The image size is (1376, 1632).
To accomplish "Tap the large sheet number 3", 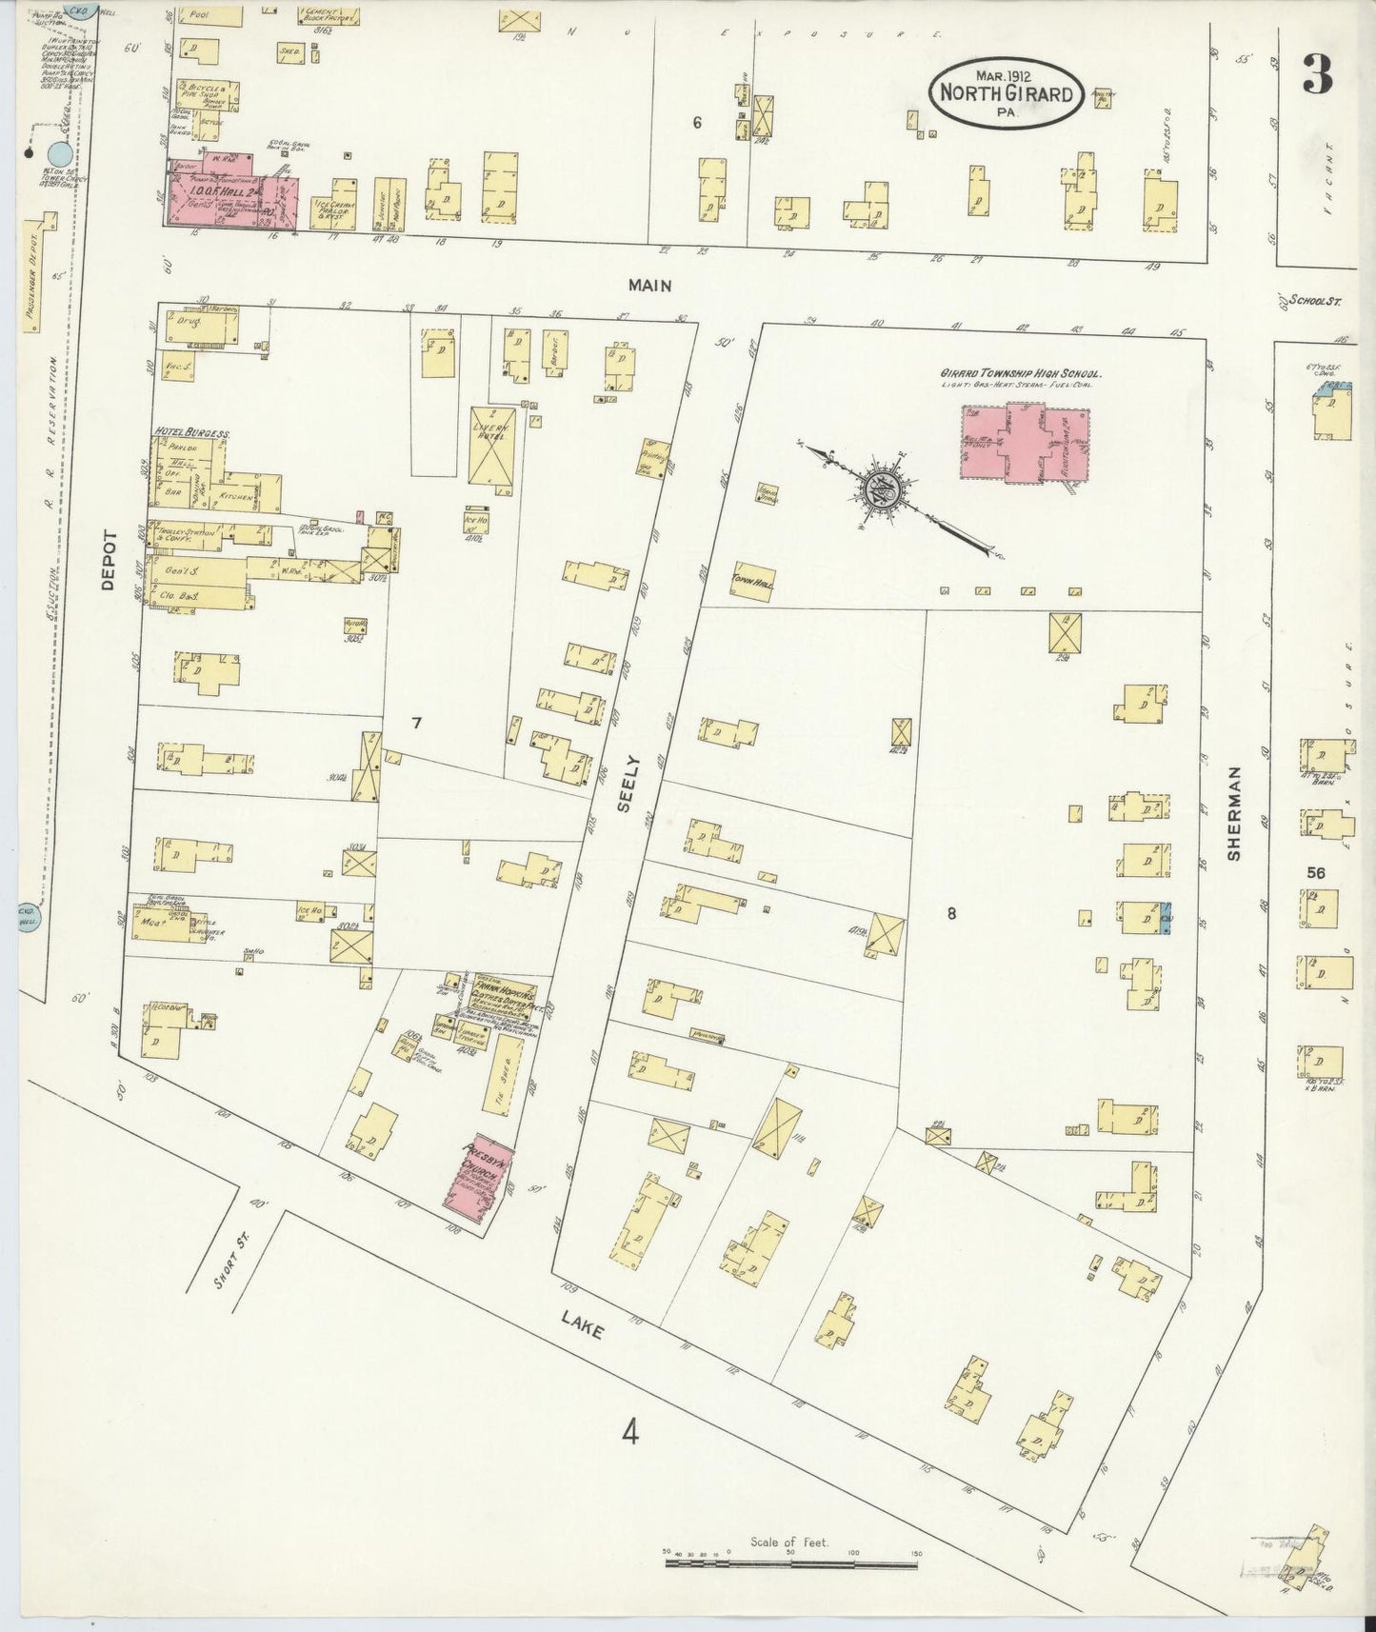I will coord(1317,73).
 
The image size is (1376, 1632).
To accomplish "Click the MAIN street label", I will coord(650,284).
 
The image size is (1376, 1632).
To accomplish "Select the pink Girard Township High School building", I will coord(1025,443).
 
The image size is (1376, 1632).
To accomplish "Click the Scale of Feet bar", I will coord(792,1560).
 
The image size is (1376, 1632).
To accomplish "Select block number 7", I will coord(416,723).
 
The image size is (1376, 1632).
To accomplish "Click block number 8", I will coord(950,913).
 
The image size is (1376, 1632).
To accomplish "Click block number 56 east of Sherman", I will coord(1316,871).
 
